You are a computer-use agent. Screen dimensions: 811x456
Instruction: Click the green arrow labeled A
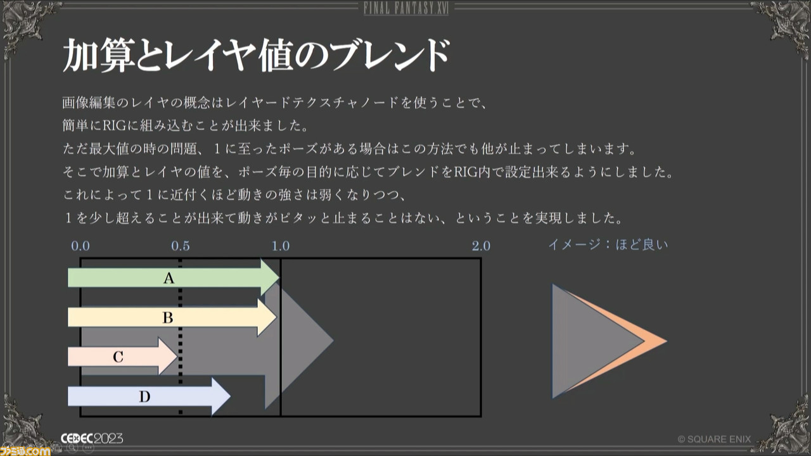pos(174,278)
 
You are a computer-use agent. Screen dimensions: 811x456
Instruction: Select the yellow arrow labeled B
pos(172,317)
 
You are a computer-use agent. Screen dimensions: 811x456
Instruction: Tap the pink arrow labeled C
pos(122,357)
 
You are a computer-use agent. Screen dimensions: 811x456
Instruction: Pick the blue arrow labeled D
pos(149,396)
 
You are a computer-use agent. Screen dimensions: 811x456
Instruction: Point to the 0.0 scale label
pos(80,246)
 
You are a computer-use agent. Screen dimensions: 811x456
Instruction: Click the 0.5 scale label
pos(181,246)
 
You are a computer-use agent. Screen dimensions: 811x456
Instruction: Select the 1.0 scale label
pos(281,246)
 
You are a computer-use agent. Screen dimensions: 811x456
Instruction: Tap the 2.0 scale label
pos(481,246)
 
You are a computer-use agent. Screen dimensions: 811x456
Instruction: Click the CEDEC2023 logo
pos(92,439)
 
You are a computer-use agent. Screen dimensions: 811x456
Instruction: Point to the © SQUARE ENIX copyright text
pos(714,440)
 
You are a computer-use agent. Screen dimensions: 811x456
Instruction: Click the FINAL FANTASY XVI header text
pos(406,8)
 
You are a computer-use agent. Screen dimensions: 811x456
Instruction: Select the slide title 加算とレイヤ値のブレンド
pos(257,54)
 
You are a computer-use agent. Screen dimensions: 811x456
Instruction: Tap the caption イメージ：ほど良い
pos(608,245)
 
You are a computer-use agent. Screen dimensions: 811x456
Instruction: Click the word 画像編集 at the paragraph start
pos(89,103)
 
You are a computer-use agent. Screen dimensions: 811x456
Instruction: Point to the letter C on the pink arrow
pos(118,357)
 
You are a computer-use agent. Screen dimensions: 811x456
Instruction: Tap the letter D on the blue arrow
pos(144,396)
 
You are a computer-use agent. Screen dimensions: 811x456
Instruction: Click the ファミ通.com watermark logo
pos(25,450)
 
